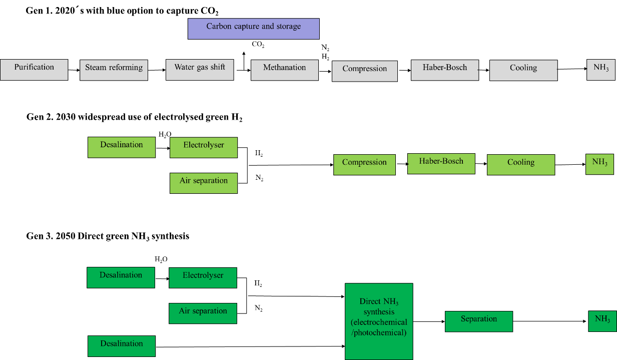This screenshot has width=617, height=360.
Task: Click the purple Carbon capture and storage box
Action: click(x=253, y=29)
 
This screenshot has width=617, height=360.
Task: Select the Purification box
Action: click(x=34, y=70)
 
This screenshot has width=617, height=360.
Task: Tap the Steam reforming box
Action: click(x=114, y=70)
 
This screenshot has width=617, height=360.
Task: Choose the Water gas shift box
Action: click(x=200, y=70)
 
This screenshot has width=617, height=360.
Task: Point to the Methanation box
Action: click(x=284, y=70)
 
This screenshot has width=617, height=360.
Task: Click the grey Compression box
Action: click(x=364, y=71)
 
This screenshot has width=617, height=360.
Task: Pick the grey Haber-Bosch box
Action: click(x=444, y=70)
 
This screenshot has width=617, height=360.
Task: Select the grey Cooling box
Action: click(x=523, y=70)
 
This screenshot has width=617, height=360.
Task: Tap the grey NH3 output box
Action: click(x=600, y=70)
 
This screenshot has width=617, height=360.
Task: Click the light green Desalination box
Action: click(x=122, y=147)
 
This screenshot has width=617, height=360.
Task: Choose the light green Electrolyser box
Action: click(x=203, y=148)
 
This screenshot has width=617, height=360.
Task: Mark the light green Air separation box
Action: click(x=203, y=183)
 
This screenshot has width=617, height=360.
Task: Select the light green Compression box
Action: click(x=364, y=165)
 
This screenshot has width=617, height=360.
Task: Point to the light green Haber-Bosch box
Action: click(x=441, y=164)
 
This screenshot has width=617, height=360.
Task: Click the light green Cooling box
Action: click(x=520, y=165)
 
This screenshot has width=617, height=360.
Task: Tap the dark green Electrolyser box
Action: click(x=203, y=278)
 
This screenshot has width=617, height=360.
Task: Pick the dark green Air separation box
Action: click(x=203, y=313)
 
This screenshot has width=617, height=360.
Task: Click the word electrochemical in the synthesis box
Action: click(x=379, y=322)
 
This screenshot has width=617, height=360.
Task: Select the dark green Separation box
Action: click(x=478, y=321)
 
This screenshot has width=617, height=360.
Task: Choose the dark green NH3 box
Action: click(x=602, y=321)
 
